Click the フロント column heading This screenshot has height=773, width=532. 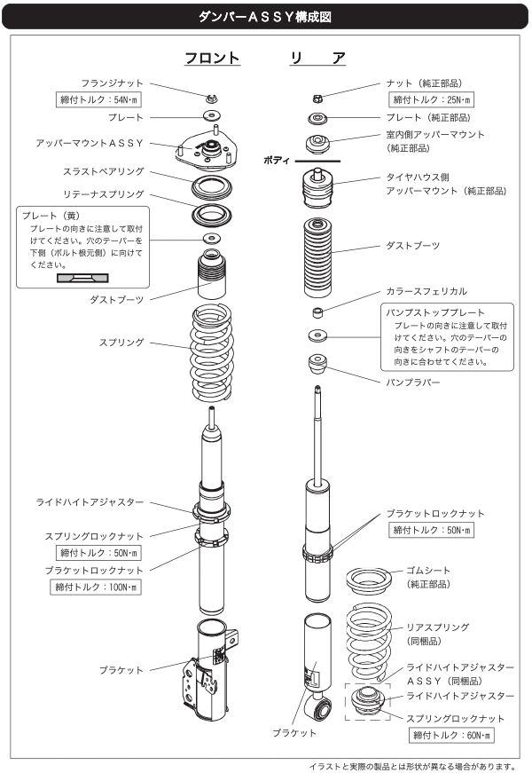[213, 59]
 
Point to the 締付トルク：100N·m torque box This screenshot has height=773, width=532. [97, 587]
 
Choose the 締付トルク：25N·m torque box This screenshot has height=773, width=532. [432, 99]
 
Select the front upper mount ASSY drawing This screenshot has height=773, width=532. [212, 148]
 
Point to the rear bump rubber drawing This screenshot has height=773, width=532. [318, 364]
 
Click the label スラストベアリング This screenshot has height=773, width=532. [106, 171]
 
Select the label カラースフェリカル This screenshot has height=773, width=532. [426, 291]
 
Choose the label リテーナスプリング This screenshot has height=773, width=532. [106, 193]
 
